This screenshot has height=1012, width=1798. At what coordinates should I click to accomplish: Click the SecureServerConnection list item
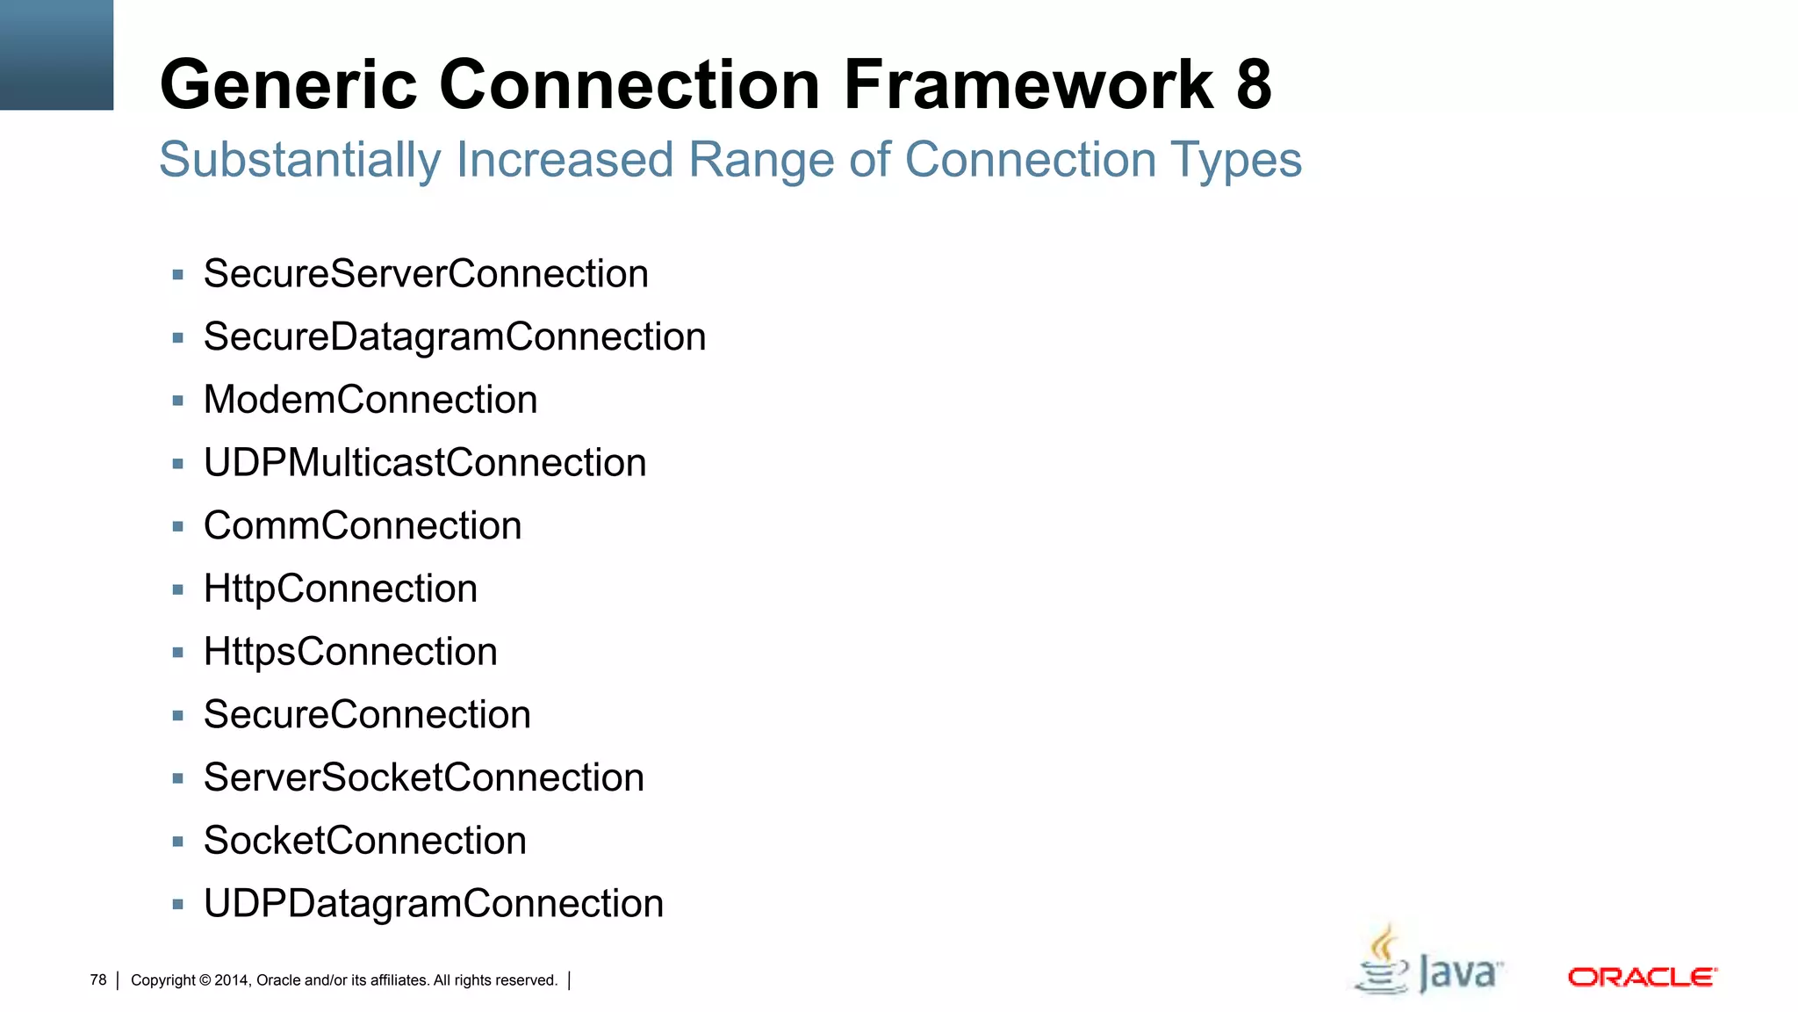pos(426,274)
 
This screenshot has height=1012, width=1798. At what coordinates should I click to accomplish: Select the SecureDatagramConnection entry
pos(454,337)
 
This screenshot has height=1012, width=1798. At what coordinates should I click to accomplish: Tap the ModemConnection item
pos(370,401)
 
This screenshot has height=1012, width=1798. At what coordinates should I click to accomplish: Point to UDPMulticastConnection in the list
pos(425,463)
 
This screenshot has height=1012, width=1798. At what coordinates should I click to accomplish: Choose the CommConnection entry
pos(362,526)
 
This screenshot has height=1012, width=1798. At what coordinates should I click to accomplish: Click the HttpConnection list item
pos(340,589)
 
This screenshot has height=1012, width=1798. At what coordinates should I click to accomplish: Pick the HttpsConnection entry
pos(350,652)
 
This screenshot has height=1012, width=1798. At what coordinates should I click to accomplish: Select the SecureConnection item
pos(367,715)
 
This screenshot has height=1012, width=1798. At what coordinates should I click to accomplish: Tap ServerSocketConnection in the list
pos(423,777)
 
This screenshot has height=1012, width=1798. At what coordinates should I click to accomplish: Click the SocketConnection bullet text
pos(364,841)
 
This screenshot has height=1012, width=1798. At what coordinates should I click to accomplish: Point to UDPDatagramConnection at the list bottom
pos(433,904)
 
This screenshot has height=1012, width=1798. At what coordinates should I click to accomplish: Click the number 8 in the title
pos(1254,84)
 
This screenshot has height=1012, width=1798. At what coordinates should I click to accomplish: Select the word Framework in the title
pos(1028,84)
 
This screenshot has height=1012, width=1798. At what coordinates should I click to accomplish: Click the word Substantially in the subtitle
pos(299,161)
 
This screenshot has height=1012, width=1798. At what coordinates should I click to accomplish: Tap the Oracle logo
pos(1641,977)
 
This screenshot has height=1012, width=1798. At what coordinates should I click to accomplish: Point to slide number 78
pos(98,979)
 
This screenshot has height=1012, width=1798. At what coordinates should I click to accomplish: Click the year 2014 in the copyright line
pos(232,980)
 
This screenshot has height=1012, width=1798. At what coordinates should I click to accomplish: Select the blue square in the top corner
pos(56,54)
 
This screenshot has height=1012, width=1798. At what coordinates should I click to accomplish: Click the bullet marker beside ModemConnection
pos(178,401)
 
